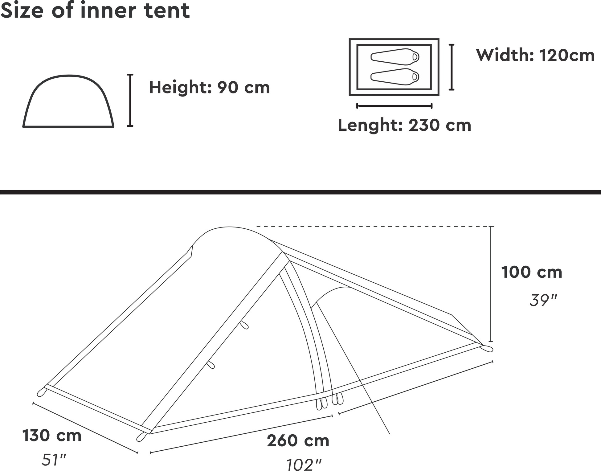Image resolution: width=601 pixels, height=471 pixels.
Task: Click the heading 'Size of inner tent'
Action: coord(95,10)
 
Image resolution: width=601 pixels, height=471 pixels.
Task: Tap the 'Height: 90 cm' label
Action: coord(210,88)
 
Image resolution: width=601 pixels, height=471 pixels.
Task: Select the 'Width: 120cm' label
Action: coord(535,55)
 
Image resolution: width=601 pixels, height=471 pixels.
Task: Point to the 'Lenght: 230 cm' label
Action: coord(405,125)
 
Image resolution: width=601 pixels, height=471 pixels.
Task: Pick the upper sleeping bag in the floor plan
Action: coord(395,57)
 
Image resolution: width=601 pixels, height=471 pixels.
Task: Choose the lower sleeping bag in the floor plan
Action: coord(395,76)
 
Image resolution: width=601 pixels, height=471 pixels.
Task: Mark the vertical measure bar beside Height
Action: coord(130,100)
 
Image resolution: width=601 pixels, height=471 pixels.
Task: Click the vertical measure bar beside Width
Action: coord(452,67)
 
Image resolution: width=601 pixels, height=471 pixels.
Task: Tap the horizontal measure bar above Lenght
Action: coord(394,106)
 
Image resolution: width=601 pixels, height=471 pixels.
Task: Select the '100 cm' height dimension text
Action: coord(532,272)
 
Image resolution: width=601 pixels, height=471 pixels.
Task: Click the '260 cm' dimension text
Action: coord(298,441)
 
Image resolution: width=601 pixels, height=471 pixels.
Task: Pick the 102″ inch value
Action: coord(304,465)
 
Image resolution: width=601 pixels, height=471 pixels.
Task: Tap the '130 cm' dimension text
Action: coord(52,436)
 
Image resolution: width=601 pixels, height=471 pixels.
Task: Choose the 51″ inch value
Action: coord(54,460)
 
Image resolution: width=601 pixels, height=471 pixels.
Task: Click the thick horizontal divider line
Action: coord(300,192)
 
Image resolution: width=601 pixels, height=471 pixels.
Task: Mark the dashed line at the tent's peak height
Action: coord(374,227)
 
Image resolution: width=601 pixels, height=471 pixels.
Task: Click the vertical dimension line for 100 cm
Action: coord(491,284)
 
